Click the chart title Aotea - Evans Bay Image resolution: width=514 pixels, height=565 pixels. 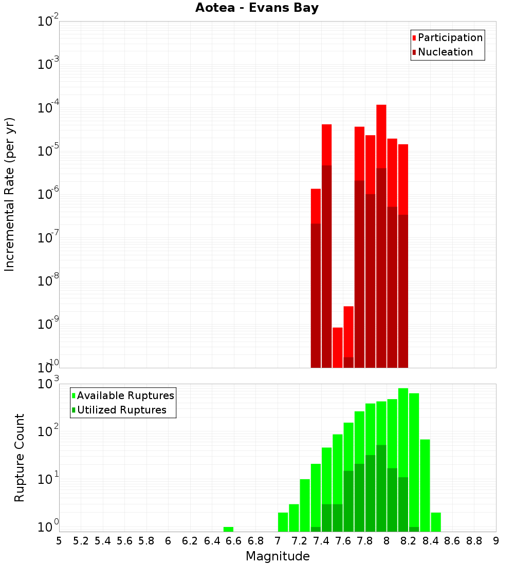coord(257,8)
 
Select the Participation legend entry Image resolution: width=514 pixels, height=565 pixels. coord(450,38)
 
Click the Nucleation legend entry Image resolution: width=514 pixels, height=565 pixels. coord(445,52)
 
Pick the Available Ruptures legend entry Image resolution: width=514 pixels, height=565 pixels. coord(125,396)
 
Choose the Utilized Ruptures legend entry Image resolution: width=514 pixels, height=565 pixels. coord(121,410)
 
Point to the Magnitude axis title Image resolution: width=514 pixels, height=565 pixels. coord(278,556)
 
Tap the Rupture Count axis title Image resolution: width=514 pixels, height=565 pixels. coord(20,458)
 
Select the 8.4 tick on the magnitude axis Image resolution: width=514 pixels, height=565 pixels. coord(430,541)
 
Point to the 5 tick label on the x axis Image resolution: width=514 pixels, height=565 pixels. coord(59,541)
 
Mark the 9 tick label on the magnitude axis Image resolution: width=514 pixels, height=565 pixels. coord(495,541)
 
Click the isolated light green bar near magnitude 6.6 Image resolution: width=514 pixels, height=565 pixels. coord(228,529)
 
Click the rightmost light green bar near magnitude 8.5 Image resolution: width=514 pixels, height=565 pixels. coord(436,522)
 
